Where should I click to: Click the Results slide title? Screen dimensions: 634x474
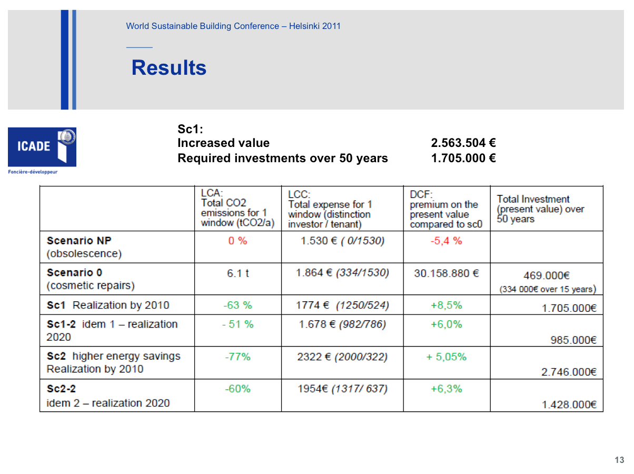169,68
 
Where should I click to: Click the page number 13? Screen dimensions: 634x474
619,460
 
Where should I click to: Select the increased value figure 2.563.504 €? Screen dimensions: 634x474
463,143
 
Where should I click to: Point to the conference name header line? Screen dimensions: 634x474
233,26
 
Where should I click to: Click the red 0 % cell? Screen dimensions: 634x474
237,241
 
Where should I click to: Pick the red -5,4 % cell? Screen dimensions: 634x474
446,241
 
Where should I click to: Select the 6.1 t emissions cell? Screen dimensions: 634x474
237,273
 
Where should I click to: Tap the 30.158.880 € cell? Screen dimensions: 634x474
446,273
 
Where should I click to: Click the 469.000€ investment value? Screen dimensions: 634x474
546,275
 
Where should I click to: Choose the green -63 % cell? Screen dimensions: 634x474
237,305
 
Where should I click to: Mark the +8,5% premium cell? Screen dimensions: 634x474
446,305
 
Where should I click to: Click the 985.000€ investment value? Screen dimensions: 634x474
573,340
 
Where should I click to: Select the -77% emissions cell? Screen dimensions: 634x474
237,357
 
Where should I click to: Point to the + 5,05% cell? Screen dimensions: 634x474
446,357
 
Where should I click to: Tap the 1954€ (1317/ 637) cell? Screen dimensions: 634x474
342,389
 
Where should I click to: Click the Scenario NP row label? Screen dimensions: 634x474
84,247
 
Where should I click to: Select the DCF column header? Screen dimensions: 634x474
446,209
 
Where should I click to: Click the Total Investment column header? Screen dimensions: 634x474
540,209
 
